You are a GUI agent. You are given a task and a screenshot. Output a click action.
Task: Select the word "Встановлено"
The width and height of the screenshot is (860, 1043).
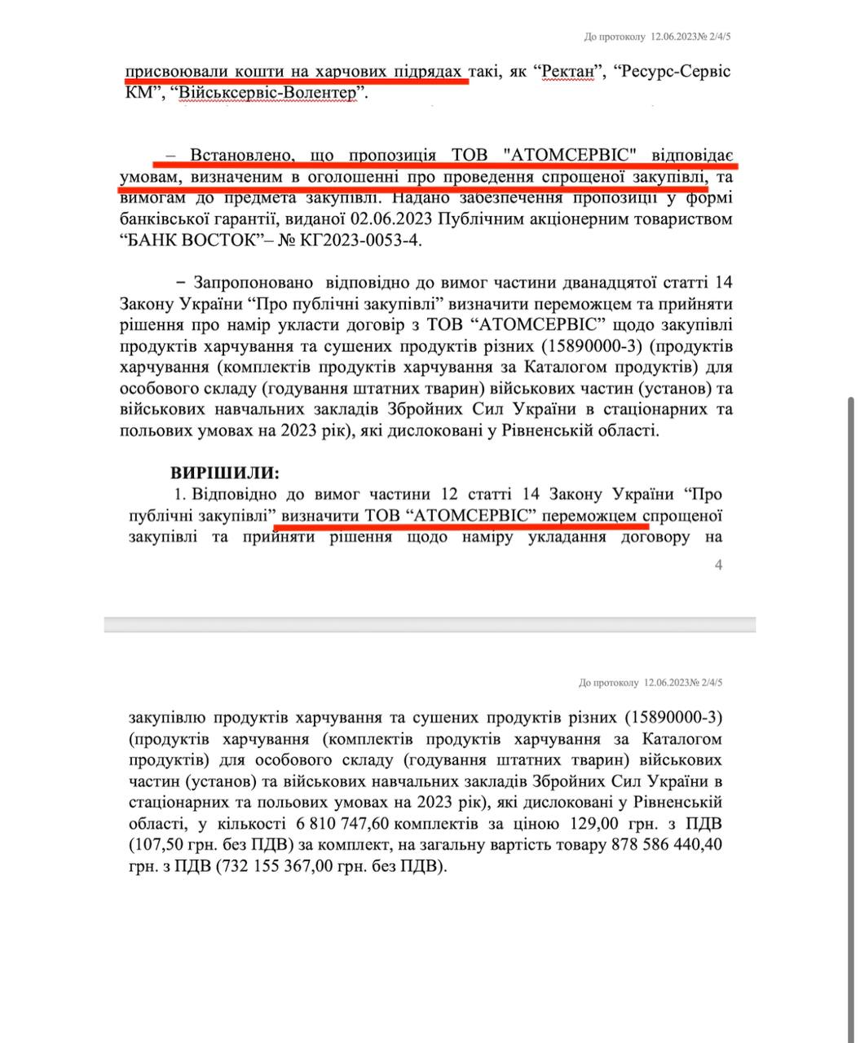point(236,154)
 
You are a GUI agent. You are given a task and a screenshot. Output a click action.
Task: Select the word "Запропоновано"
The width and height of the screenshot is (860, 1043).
point(254,283)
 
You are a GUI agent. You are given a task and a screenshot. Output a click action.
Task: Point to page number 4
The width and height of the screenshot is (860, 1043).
point(718,565)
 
